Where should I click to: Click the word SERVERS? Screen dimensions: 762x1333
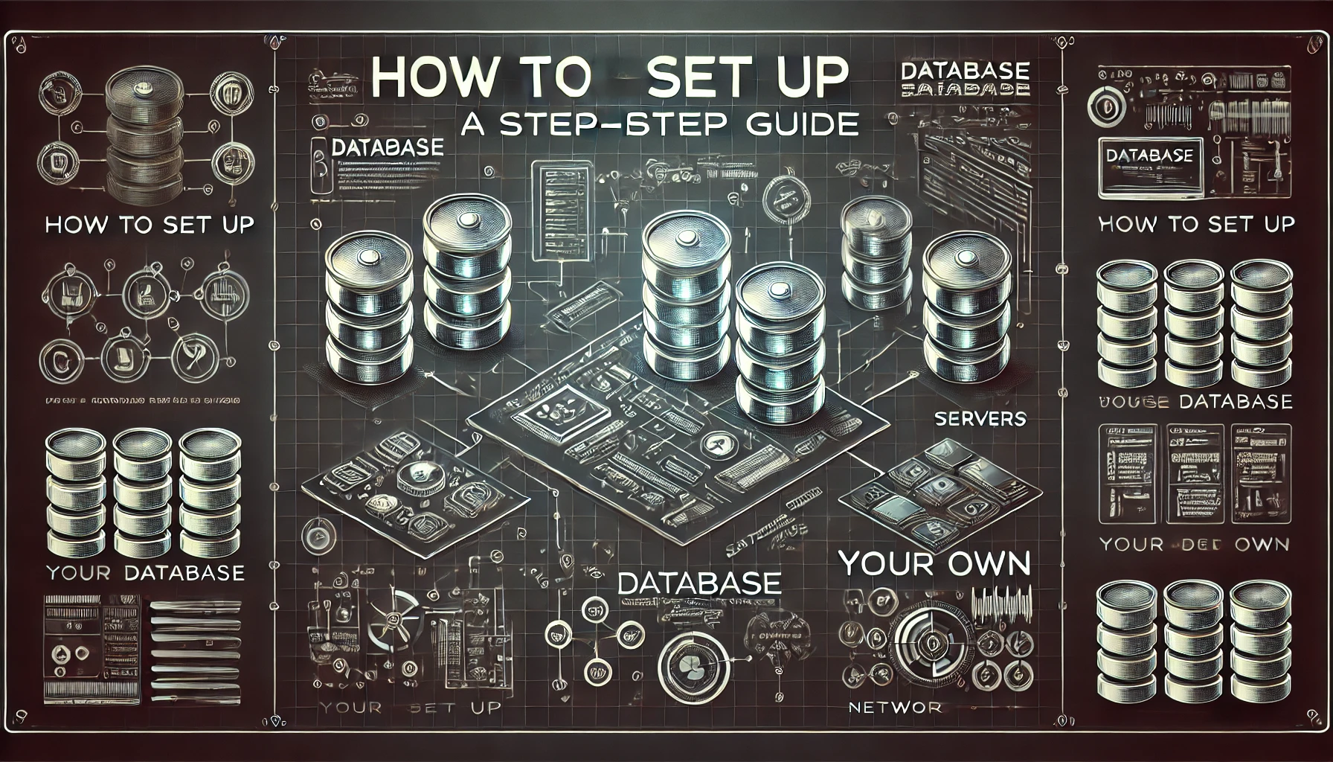coord(980,418)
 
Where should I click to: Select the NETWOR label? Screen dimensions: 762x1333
coord(895,707)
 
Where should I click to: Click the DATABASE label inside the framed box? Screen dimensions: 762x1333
coord(1149,156)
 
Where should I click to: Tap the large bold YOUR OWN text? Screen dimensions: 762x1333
coord(934,564)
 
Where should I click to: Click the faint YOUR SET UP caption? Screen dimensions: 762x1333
coord(409,707)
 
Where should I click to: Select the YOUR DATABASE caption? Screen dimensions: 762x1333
coord(145,572)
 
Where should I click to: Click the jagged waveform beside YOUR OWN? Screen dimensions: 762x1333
coord(1003,599)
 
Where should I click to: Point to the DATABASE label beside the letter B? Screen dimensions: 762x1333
coord(387,147)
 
